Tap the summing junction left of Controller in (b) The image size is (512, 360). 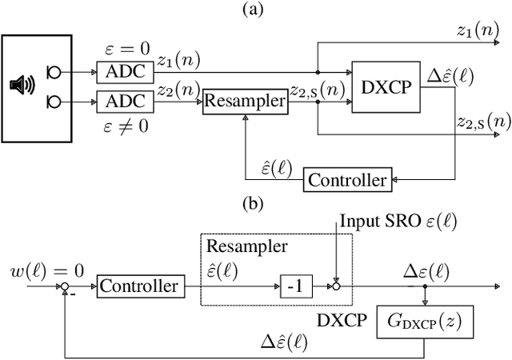[x=65, y=285]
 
